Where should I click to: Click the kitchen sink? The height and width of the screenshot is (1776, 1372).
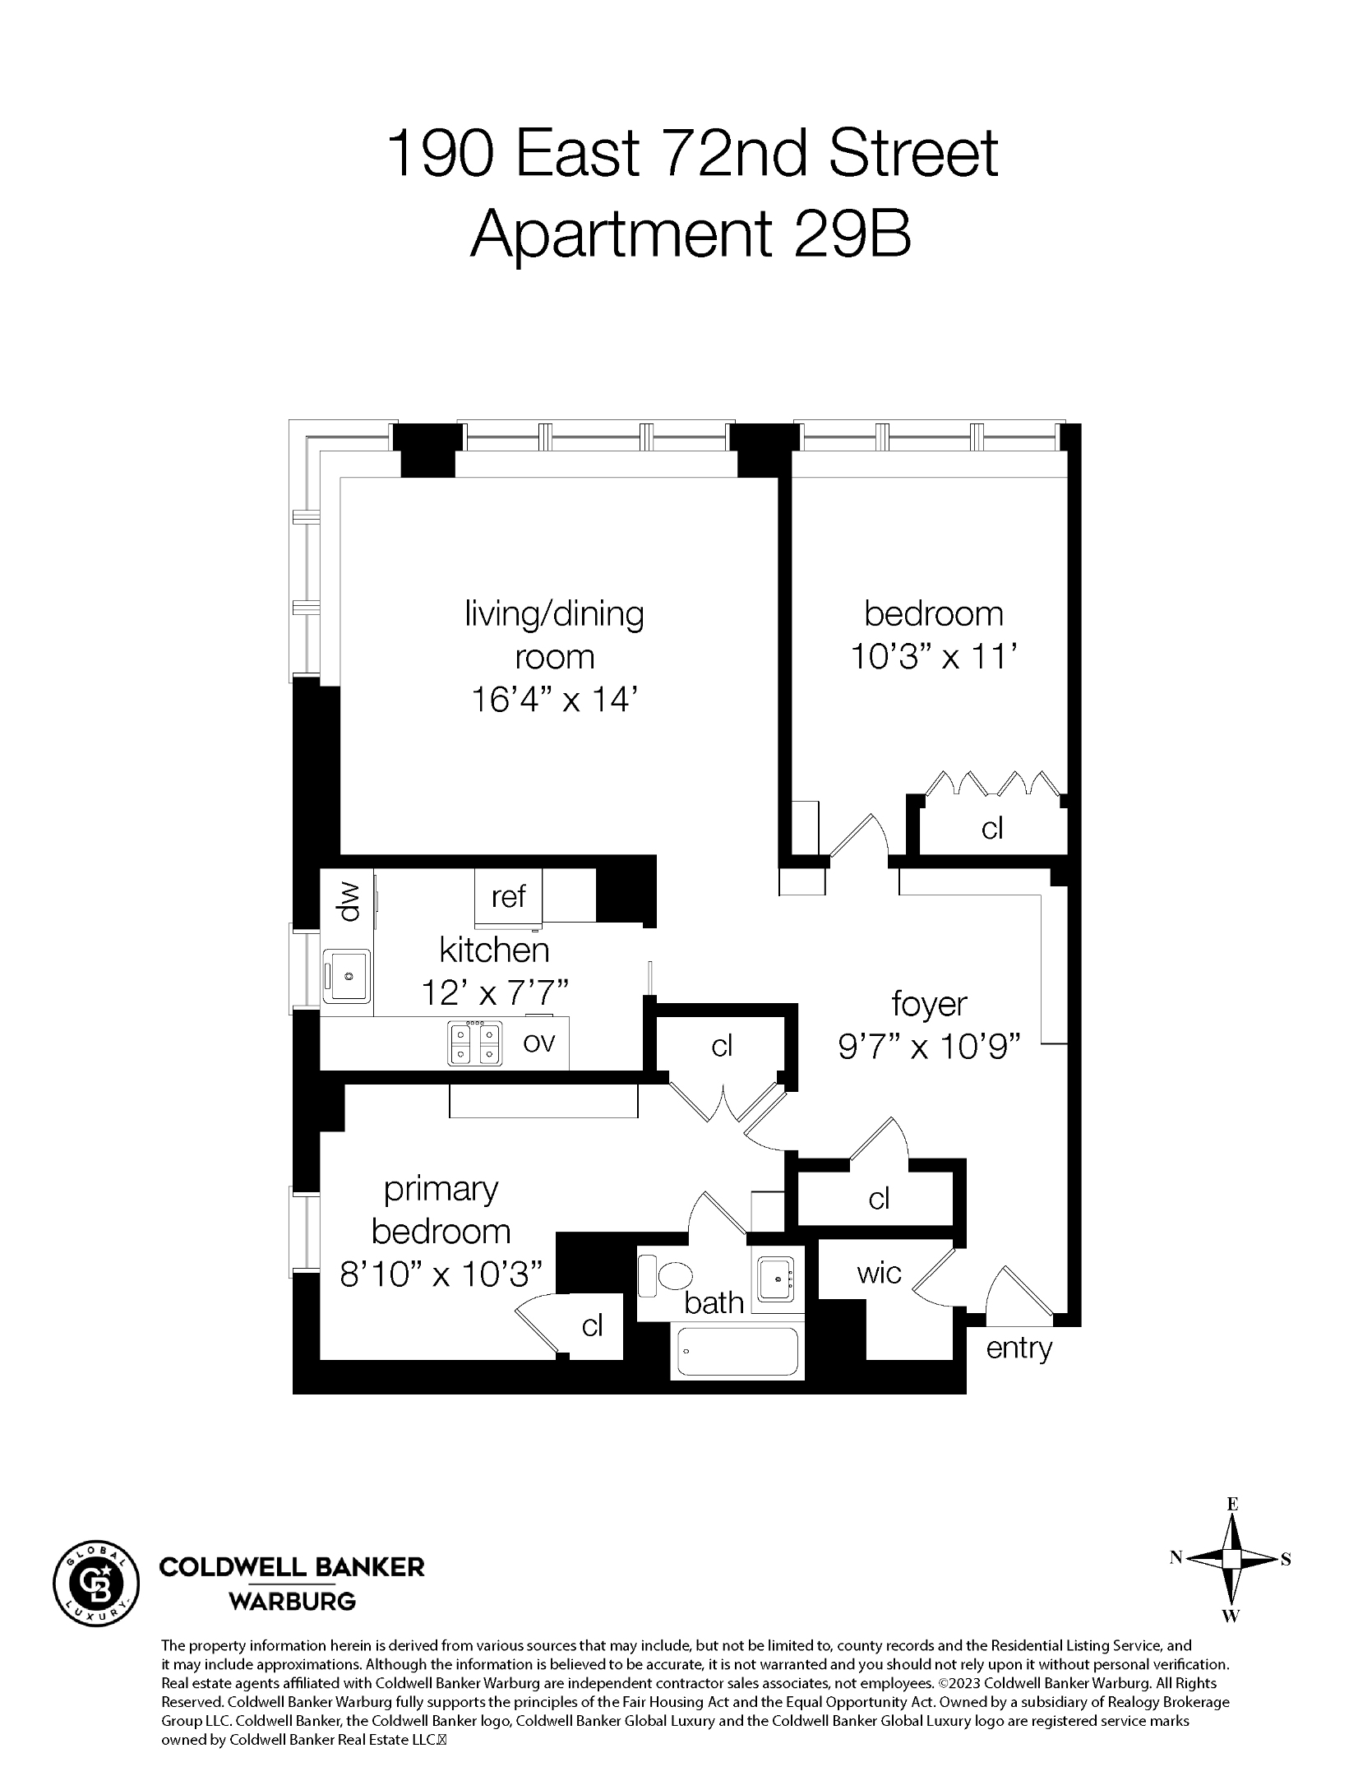pos(348,976)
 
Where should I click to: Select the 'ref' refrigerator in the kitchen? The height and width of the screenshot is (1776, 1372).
pos(508,896)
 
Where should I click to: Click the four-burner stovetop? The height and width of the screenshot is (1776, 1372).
pos(474,1043)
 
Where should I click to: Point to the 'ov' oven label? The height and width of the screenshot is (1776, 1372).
pos(539,1042)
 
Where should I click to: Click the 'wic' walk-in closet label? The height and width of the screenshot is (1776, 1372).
pos(879,1274)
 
